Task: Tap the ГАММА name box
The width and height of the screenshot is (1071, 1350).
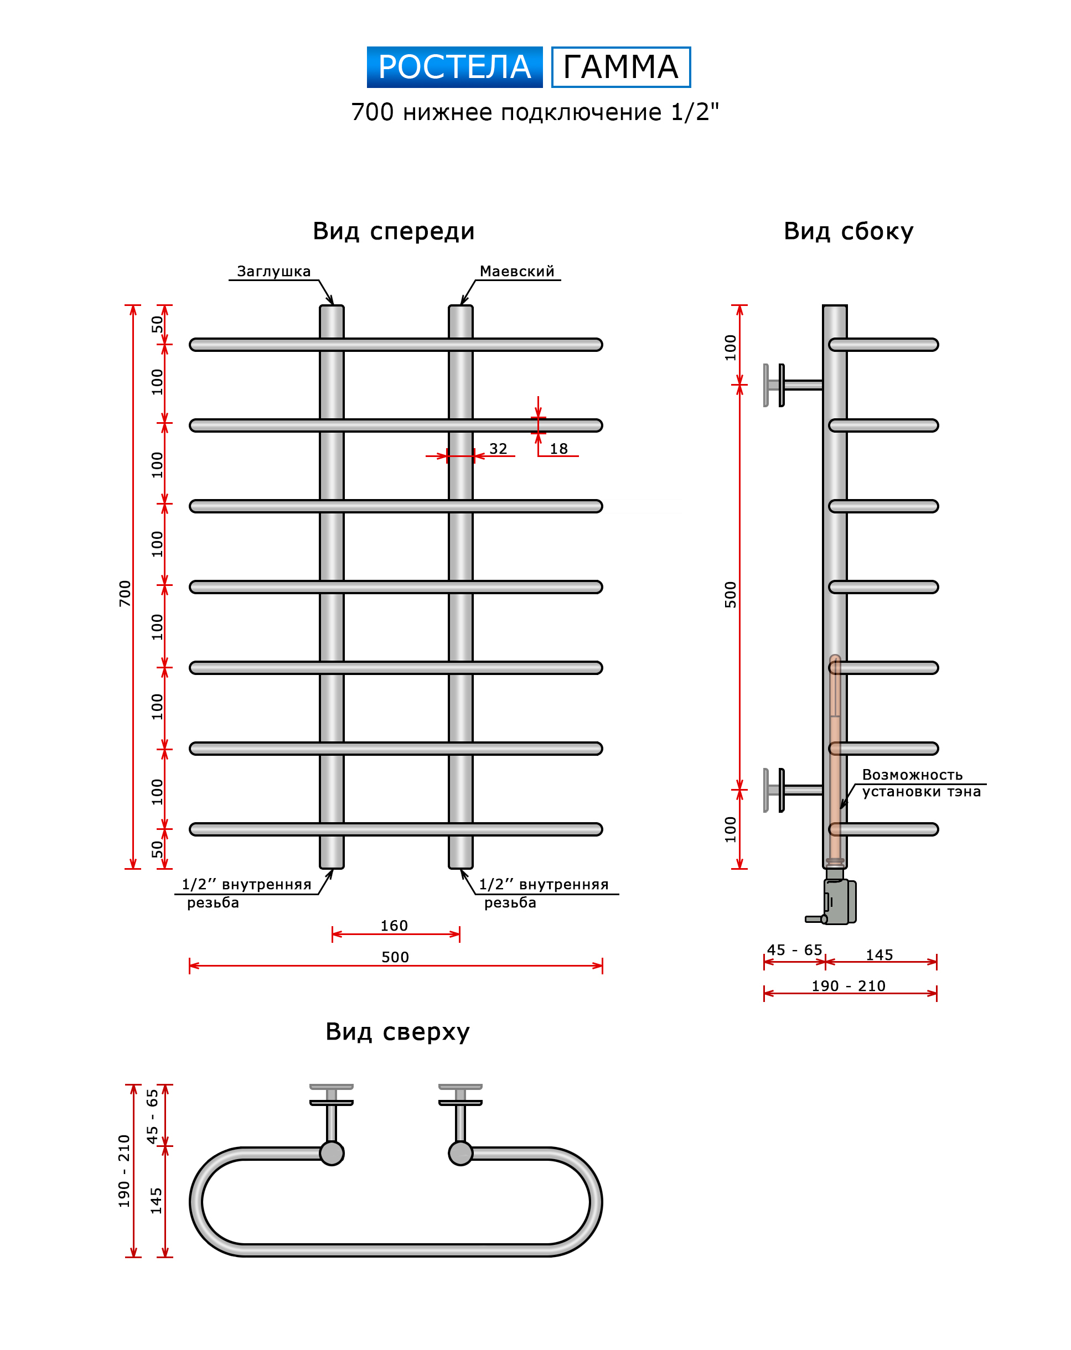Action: (620, 67)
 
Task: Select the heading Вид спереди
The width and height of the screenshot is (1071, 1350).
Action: (394, 231)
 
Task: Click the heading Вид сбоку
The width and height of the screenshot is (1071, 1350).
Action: (848, 231)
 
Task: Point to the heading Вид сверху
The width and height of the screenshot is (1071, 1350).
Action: (397, 1031)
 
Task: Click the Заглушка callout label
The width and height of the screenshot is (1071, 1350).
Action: (273, 271)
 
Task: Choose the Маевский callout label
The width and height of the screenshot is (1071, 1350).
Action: (517, 271)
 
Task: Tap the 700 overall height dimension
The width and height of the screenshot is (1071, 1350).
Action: (125, 593)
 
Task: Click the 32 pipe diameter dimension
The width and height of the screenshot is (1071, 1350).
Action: (498, 448)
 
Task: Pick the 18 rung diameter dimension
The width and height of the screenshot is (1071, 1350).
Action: (558, 448)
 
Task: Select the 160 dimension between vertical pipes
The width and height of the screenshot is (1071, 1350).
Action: (394, 926)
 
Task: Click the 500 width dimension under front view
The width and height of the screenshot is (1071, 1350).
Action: (395, 957)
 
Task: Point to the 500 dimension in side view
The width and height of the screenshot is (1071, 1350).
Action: (730, 594)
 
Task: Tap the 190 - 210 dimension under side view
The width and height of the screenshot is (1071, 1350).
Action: (848, 985)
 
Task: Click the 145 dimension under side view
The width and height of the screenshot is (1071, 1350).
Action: (879, 955)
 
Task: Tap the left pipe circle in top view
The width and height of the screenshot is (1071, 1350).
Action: (332, 1153)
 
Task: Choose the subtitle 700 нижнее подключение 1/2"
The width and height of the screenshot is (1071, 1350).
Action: (534, 112)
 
